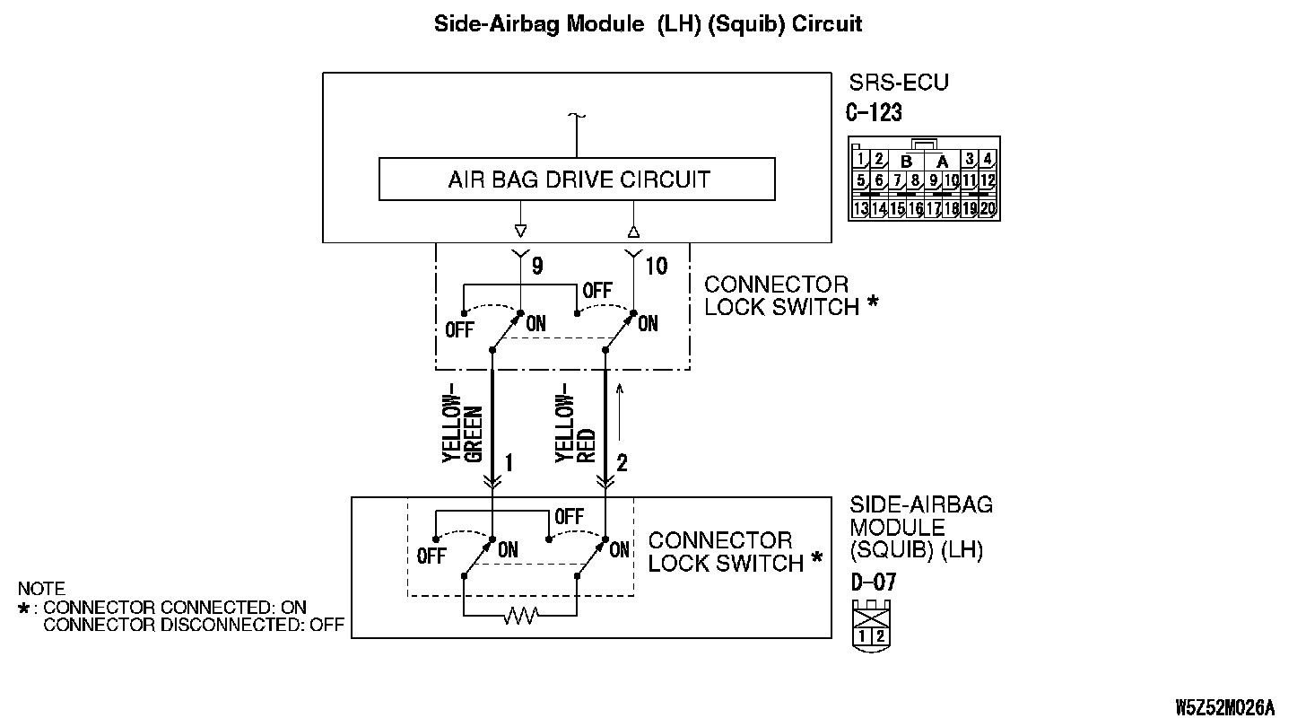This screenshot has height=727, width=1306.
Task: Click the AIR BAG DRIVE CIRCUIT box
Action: (577, 180)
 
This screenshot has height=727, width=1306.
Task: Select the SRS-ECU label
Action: (898, 83)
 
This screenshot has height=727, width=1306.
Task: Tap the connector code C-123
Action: (874, 113)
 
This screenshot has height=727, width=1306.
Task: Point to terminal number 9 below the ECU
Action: (536, 267)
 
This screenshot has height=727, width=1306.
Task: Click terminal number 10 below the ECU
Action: (656, 267)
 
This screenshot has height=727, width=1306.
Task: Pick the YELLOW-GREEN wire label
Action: (464, 427)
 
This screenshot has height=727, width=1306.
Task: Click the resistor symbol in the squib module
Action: (519, 616)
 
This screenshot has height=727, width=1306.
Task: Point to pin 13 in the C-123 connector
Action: (860, 209)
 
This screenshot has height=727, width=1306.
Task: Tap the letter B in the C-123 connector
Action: (906, 162)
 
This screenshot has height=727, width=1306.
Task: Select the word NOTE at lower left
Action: (41, 590)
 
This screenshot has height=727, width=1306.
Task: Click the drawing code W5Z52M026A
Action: (1224, 706)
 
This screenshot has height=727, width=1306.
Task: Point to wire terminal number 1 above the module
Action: (509, 462)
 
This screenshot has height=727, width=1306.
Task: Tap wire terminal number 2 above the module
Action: (622, 462)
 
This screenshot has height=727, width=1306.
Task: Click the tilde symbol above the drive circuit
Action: (576, 117)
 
